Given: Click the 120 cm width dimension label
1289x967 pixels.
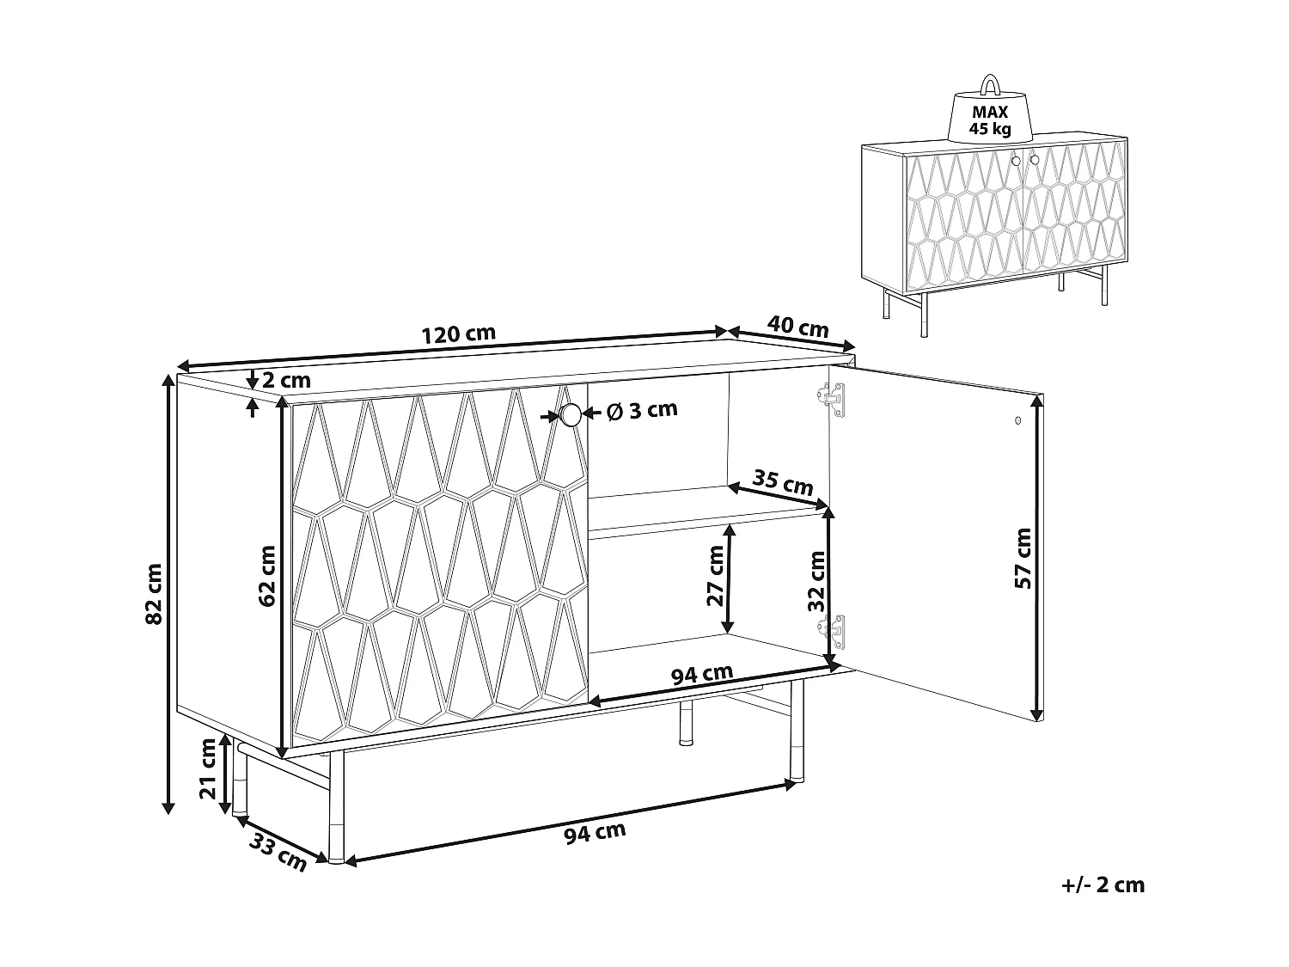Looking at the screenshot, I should coord(458,334).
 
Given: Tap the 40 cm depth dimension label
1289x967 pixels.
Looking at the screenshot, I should coord(797,327).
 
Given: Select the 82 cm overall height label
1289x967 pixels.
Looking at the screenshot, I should coord(154,593).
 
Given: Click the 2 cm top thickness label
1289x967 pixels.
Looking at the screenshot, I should coord(286,380).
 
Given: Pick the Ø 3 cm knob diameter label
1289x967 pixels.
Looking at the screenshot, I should coord(641,410).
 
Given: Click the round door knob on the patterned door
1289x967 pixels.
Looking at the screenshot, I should coord(571,414).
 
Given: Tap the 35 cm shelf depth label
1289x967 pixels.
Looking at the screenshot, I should coord(782,482).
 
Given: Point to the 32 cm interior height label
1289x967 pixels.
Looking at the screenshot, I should coord(816,581).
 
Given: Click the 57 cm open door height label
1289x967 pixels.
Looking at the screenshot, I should coord(1023,559).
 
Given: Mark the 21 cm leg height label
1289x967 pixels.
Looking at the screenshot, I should coord(208,768).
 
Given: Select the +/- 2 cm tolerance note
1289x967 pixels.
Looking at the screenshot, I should coord(1103,885).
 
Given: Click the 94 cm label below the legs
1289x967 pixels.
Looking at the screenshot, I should coord(595,832).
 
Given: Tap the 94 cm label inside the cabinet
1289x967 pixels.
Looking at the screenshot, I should coord(701,675).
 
